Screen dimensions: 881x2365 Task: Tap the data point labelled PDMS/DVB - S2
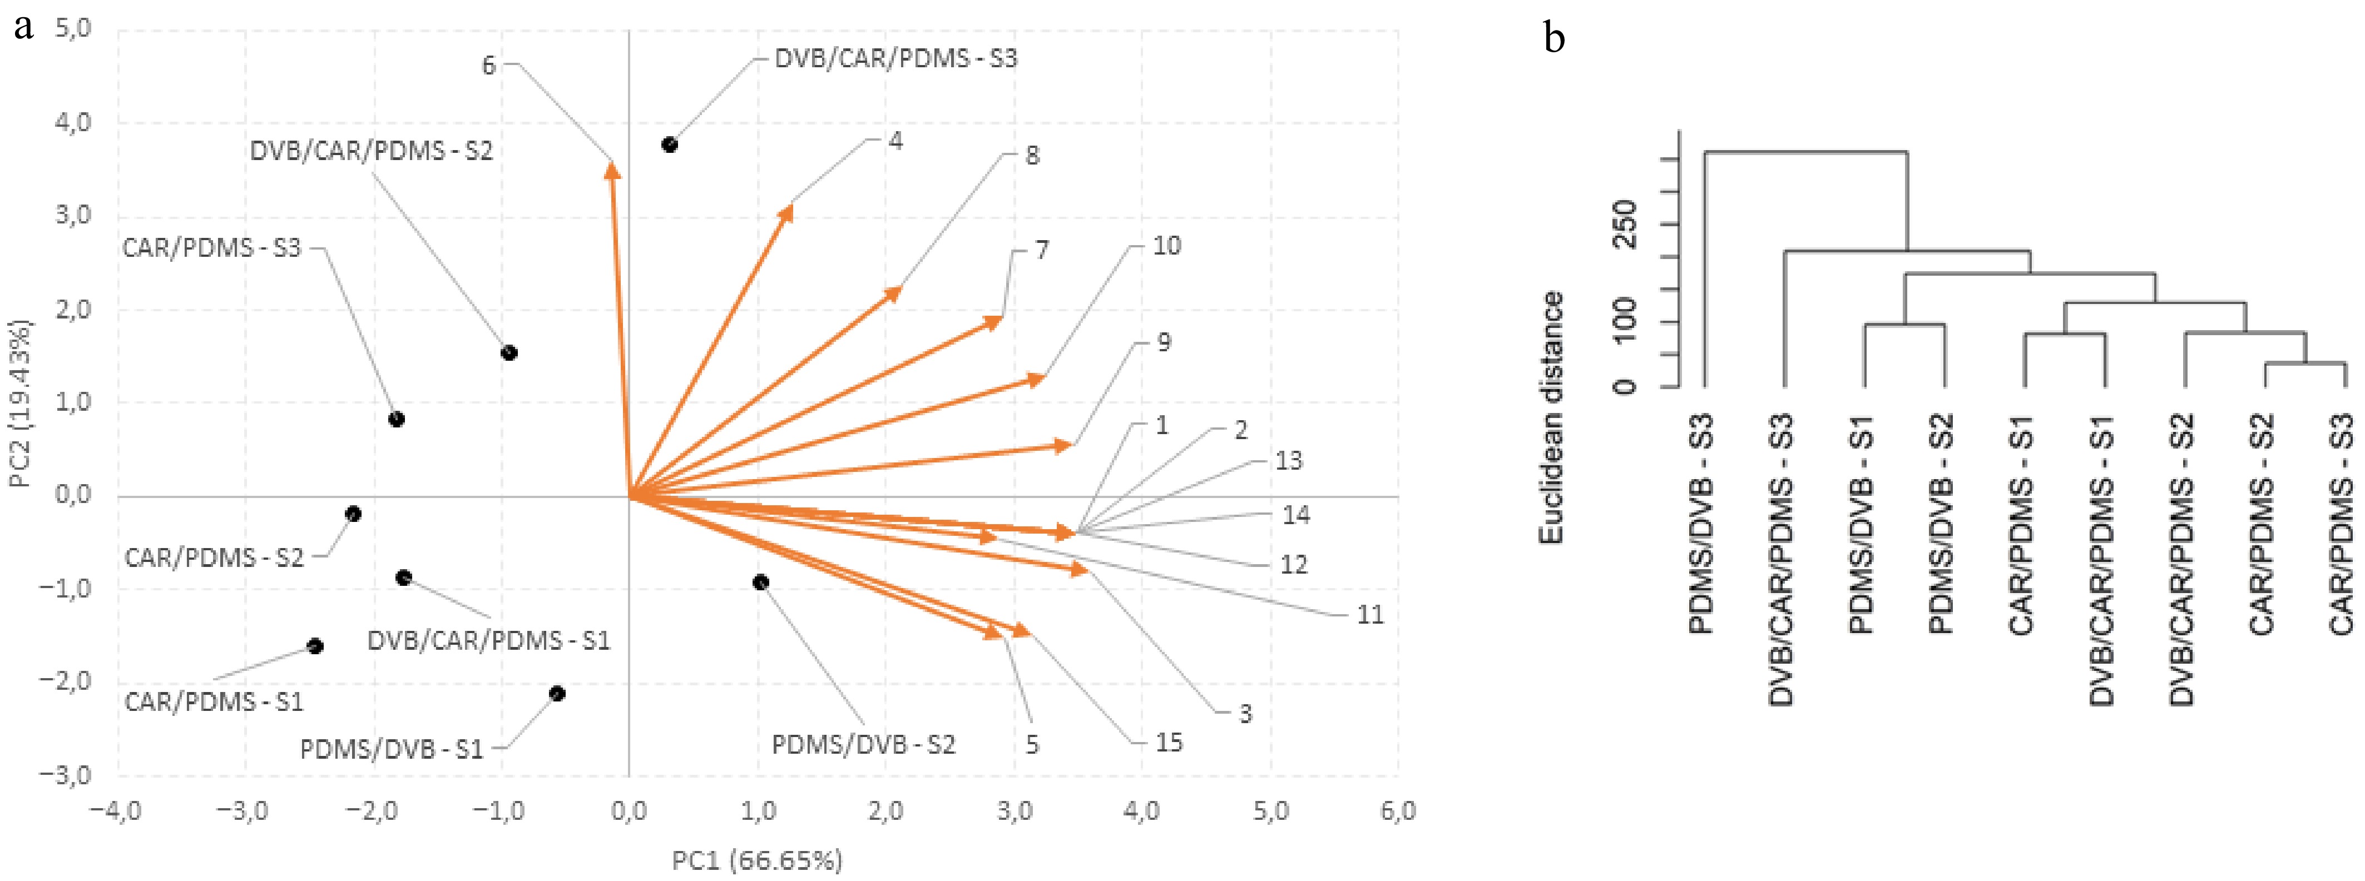click(x=760, y=583)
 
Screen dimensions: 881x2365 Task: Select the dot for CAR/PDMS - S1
click(x=315, y=646)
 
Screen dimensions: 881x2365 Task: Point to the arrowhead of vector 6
click(x=611, y=167)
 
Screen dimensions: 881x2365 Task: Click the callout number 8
click(x=1033, y=156)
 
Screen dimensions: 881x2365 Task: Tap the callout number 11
click(x=1370, y=615)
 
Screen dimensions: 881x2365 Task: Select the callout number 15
click(x=1168, y=743)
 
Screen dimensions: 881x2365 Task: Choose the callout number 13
click(x=1288, y=461)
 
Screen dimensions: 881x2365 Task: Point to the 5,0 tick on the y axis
click(x=73, y=28)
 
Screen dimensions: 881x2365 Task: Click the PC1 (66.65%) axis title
click(x=758, y=860)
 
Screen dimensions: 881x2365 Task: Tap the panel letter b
click(x=1555, y=38)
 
